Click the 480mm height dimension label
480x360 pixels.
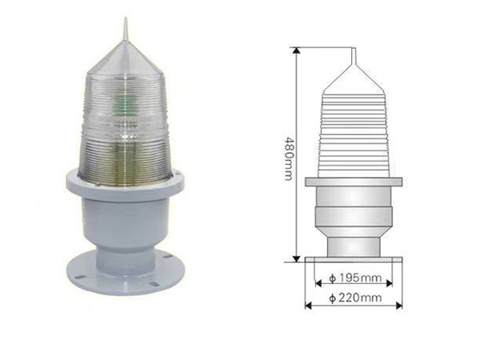coord(290,158)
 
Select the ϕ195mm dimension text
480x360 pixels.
coord(355,278)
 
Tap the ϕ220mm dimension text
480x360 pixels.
coord(355,298)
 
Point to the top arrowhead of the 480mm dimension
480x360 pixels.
coord(296,50)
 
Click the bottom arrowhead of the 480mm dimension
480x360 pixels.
coord(296,258)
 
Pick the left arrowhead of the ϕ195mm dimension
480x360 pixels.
coord(318,283)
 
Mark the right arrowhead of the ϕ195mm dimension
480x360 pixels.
coord(389,283)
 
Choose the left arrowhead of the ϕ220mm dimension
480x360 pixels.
coord(309,306)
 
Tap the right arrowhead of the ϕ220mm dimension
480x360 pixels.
coord(399,306)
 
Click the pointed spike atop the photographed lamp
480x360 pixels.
coord(125,29)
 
